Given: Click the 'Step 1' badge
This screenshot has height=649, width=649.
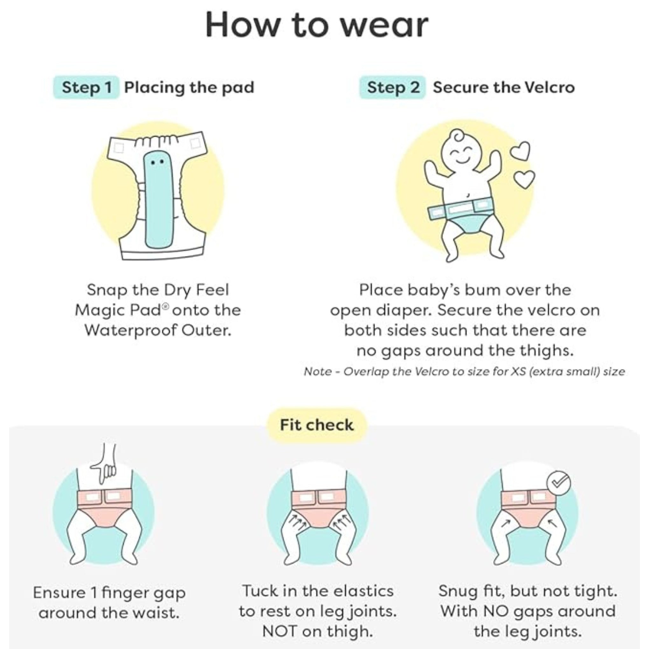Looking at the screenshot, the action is pyautogui.click(x=86, y=87).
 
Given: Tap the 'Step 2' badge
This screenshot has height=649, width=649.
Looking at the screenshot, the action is pyautogui.click(x=392, y=87).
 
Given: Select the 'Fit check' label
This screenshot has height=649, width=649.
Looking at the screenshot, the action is pyautogui.click(x=317, y=425).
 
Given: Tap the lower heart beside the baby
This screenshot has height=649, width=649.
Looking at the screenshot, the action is pyautogui.click(x=524, y=179).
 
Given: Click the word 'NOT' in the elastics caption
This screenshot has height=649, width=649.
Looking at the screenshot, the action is pyautogui.click(x=279, y=631).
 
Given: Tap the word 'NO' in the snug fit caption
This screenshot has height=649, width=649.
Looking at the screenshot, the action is pyautogui.click(x=497, y=611).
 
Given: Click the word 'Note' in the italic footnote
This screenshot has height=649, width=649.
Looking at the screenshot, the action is pyautogui.click(x=318, y=372).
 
